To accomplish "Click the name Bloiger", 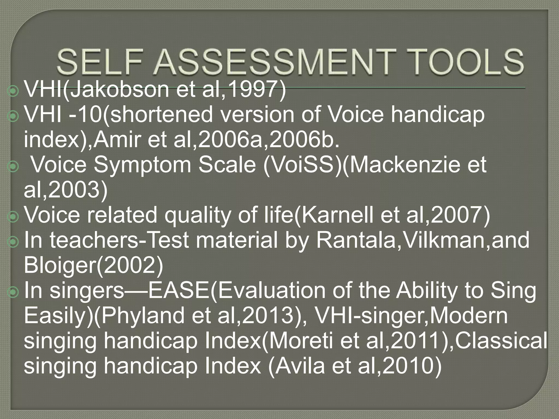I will pos(59,265).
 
